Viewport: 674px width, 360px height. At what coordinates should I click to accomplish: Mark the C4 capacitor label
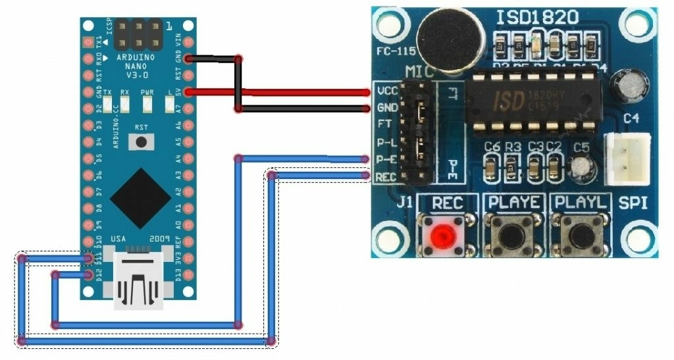click(x=631, y=118)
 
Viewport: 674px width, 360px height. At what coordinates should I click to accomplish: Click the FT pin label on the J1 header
click(x=384, y=124)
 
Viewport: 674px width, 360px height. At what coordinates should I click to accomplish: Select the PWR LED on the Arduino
click(x=147, y=103)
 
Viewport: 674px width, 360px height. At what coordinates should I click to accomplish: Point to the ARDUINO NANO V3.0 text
click(x=136, y=66)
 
